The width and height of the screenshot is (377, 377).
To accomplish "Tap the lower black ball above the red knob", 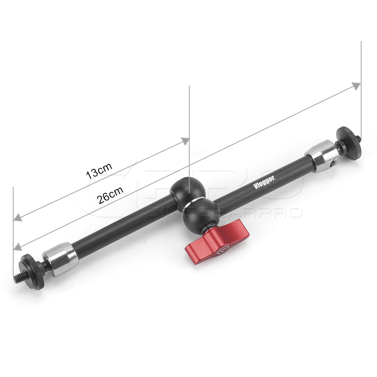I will (201, 214).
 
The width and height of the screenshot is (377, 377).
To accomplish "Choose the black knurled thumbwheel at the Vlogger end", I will (349, 142).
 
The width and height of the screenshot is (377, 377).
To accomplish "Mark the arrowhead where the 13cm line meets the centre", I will (185, 141).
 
